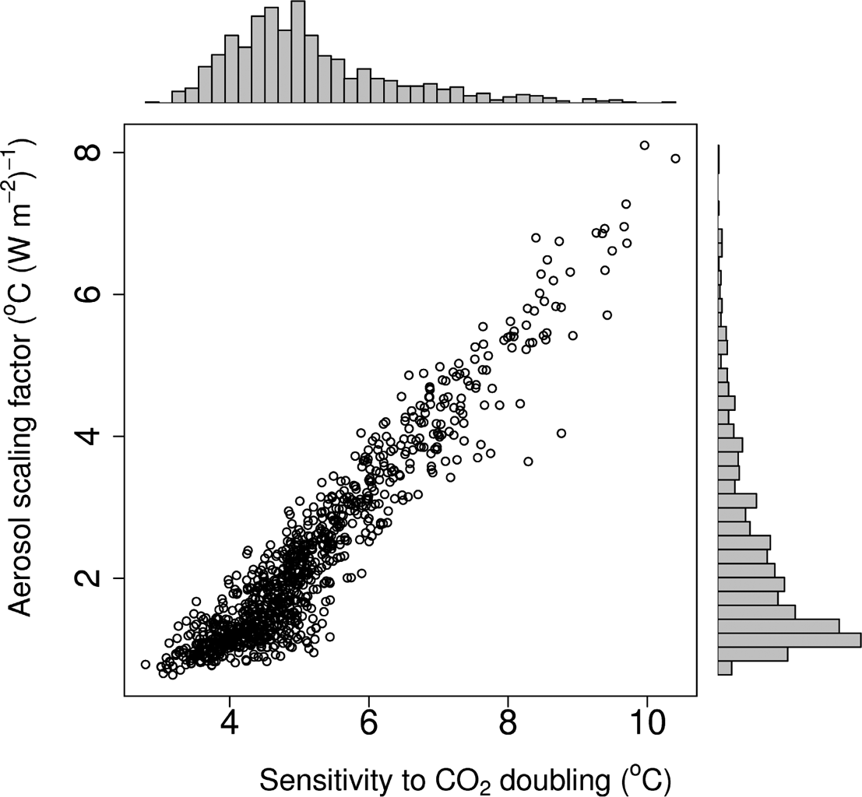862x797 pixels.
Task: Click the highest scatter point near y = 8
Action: coord(644,146)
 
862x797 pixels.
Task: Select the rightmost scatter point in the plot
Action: coord(675,159)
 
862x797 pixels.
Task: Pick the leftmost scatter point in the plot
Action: coord(146,664)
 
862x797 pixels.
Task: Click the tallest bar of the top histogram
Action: coord(297,51)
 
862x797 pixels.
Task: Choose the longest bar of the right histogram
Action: coord(789,640)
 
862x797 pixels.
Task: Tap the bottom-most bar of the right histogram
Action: coord(724,668)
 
